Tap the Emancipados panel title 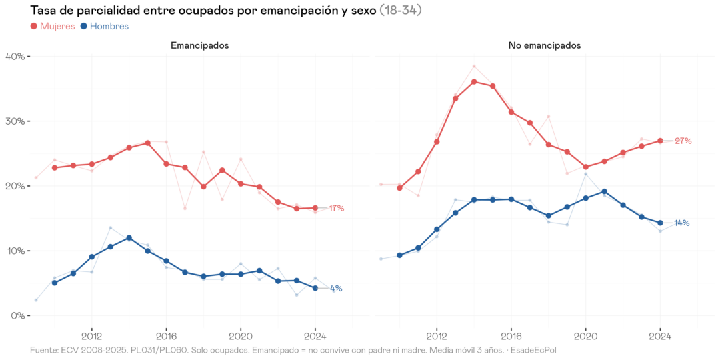point(199,46)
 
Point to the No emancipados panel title point(544,46)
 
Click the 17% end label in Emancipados point(336,209)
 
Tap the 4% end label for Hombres point(336,289)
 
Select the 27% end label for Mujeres point(683,141)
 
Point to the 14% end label point(681,223)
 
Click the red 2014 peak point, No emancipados point(474,82)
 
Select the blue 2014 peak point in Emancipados point(129,238)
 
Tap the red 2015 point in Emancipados point(147,143)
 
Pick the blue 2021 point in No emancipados point(604,191)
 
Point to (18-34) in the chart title point(400,10)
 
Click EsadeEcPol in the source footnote point(533,350)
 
